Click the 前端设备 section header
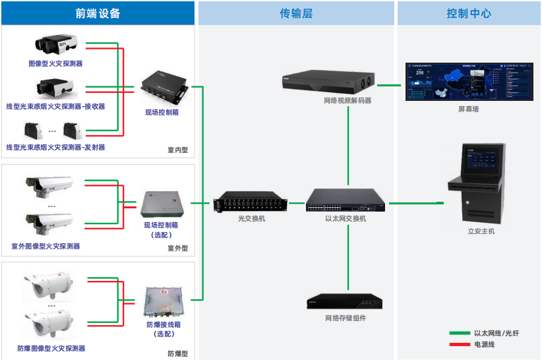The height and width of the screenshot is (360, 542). (x=98, y=13)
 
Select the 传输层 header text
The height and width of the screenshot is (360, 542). (x=295, y=13)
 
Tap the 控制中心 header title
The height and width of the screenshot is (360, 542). (x=468, y=13)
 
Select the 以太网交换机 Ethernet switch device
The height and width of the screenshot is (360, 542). (x=347, y=200)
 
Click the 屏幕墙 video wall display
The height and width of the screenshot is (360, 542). (x=468, y=80)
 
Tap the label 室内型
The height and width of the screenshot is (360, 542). (x=177, y=150)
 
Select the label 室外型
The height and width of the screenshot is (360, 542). (x=177, y=249)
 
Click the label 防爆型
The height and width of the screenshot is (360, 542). (x=177, y=353)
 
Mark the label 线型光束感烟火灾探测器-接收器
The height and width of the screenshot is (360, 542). (x=55, y=106)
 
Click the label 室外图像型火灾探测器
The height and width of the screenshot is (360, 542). (x=46, y=246)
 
